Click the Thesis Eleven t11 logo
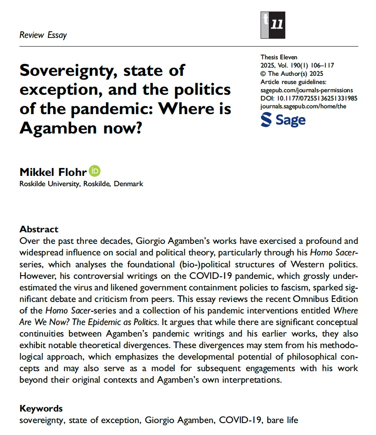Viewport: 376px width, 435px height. click(x=273, y=25)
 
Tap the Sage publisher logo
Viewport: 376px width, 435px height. click(x=283, y=120)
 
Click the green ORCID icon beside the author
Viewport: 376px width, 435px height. click(x=96, y=171)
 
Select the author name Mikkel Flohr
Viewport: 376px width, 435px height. click(x=54, y=171)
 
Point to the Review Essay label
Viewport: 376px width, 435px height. click(x=43, y=35)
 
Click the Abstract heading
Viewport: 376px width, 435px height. click(x=39, y=229)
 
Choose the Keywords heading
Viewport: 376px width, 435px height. click(x=41, y=409)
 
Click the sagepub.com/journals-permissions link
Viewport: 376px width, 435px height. click(x=307, y=90)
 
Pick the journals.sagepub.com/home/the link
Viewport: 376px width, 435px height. click(x=303, y=106)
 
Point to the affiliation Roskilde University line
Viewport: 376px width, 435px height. click(x=81, y=184)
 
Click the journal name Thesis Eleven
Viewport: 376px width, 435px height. click(x=279, y=57)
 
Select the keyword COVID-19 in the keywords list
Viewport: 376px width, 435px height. click(x=240, y=421)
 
